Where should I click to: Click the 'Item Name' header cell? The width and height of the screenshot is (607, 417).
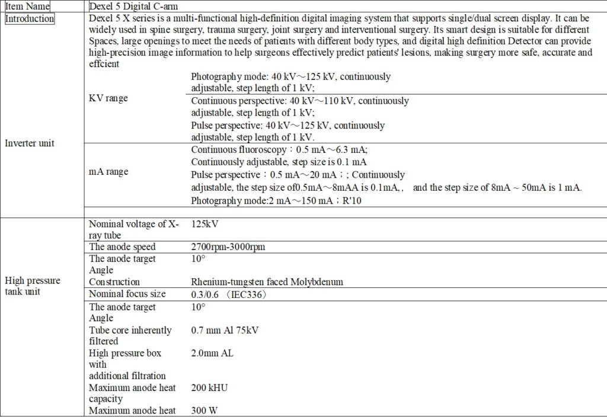tap(27, 6)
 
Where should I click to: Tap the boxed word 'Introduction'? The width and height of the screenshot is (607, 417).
tap(30, 18)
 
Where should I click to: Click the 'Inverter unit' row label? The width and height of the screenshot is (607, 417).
tap(30, 143)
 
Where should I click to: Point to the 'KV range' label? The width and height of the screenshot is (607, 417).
tap(108, 98)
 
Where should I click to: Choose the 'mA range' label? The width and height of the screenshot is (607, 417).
tap(108, 172)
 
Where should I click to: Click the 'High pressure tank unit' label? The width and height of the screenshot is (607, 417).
tap(33, 286)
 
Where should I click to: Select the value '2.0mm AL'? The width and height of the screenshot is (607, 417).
tap(212, 353)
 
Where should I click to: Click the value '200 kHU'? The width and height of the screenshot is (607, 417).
tap(210, 387)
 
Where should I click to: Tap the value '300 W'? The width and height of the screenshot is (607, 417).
tap(205, 410)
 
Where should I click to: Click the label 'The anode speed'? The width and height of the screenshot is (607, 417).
tap(122, 247)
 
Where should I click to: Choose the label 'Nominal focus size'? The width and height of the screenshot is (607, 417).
tap(127, 294)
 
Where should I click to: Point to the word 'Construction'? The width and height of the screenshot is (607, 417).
tap(114, 282)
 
